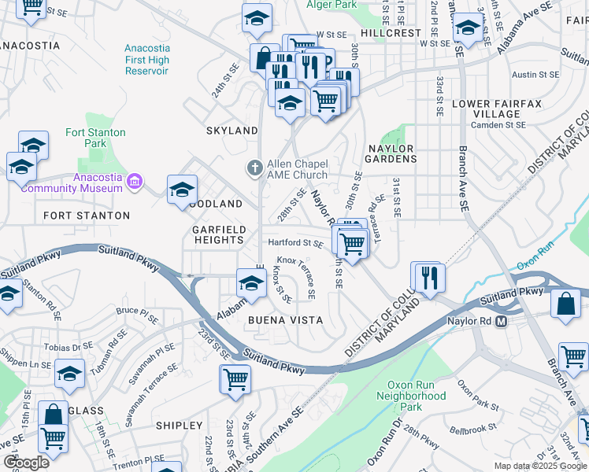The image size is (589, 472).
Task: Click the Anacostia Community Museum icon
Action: [x=134, y=182]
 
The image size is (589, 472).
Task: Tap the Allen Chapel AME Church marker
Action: [x=254, y=168]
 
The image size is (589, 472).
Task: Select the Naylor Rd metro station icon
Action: [x=500, y=321]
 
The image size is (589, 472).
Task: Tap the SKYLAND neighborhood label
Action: [x=232, y=131]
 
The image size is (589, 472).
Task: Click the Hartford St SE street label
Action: [x=295, y=244]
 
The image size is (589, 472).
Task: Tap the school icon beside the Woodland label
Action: [x=182, y=190]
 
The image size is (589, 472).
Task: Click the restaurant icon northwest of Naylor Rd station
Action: [x=429, y=277]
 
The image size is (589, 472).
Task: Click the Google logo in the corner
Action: [x=26, y=463]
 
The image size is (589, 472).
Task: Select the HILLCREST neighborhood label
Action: [x=391, y=34]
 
